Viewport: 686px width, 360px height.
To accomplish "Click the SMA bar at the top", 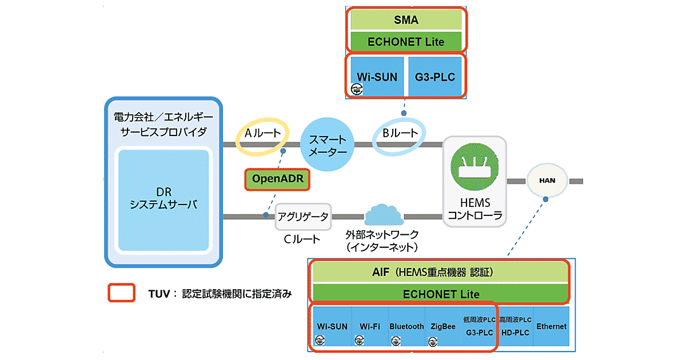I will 406,20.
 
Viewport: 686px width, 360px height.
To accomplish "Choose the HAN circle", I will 547,181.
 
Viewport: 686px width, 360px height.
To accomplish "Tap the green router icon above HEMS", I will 474,166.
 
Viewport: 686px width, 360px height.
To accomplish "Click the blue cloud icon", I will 384,215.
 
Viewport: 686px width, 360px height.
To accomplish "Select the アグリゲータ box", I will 303,216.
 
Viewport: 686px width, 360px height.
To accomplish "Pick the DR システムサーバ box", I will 163,200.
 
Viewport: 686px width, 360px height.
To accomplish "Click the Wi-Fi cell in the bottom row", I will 370,327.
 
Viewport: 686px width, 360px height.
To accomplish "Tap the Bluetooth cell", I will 406,327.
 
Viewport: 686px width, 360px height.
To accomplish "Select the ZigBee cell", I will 443,327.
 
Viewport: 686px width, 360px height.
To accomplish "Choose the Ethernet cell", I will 551,326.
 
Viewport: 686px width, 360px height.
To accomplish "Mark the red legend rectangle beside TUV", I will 121,293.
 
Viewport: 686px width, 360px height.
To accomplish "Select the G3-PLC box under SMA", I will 435,77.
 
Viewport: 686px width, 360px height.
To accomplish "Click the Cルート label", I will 302,239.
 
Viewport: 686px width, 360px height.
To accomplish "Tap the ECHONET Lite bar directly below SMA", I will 406,42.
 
